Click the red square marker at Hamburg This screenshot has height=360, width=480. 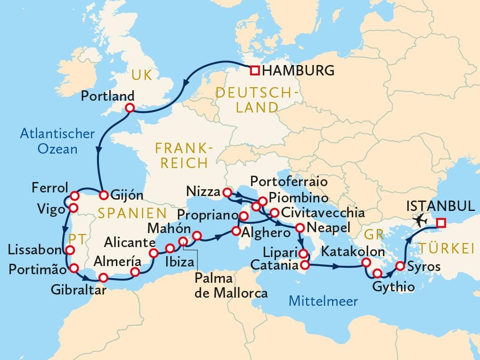255,70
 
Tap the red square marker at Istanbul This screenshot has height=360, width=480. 441,223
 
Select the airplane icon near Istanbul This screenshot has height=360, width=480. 421,220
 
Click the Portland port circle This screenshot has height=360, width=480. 130,108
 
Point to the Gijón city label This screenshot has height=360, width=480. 127,196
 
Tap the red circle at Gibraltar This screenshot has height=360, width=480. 103,278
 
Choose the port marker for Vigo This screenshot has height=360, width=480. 72,208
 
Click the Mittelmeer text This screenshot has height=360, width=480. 323,301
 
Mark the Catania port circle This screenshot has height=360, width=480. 305,265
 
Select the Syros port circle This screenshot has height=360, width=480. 400,266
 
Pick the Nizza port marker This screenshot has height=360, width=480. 227,192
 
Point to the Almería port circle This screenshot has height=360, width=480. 135,271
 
